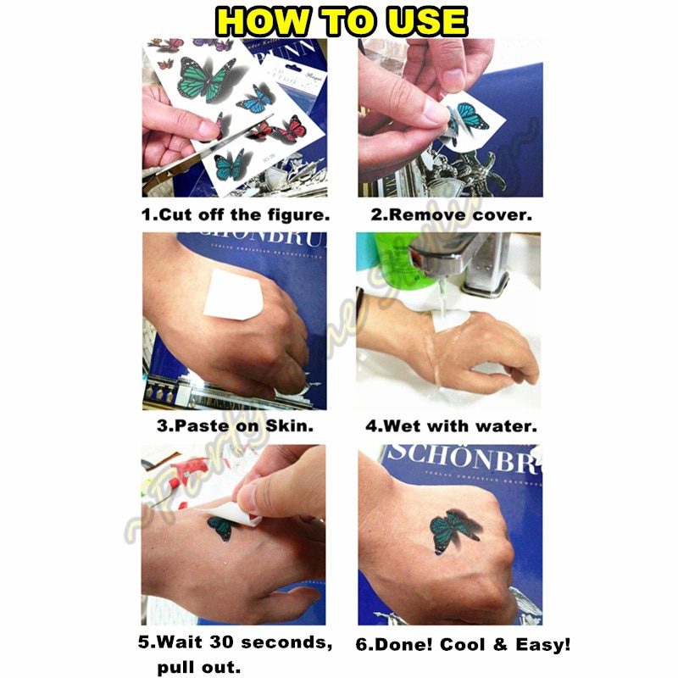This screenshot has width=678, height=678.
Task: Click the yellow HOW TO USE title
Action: point(338,20)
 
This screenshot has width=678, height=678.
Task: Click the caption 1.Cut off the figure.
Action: point(235,215)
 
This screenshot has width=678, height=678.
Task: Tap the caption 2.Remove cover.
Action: point(450,215)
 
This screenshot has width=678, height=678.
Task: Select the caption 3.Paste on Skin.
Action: point(235,426)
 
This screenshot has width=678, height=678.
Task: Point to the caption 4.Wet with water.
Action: point(450,426)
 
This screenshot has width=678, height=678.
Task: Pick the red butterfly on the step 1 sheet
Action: point(292,128)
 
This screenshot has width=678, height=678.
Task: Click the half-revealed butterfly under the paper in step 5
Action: point(222,527)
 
